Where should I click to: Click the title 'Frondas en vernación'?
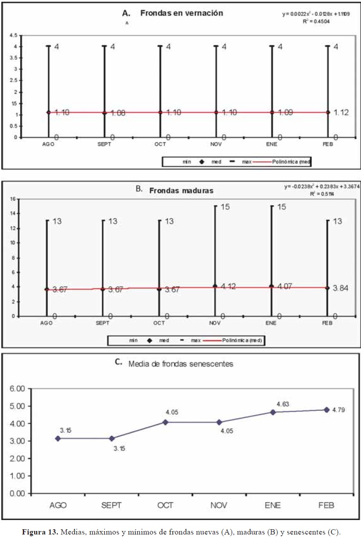(181, 13)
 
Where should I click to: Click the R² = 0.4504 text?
(315, 21)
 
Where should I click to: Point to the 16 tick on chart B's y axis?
(13, 199)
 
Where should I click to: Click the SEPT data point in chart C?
(111, 438)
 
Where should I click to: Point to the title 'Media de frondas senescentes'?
(180, 363)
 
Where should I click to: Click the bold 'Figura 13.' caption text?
(41, 532)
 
